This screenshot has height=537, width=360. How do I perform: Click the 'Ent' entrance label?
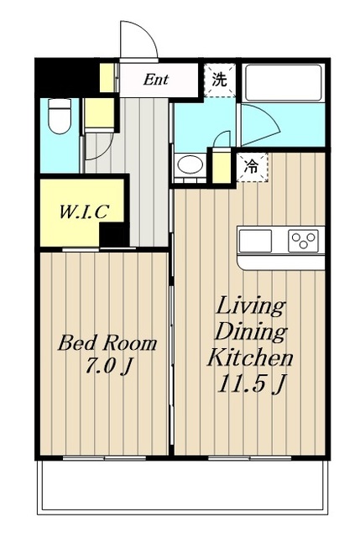click(156, 80)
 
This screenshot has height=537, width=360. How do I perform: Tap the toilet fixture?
click(60, 116)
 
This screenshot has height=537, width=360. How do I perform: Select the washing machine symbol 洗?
click(220, 80)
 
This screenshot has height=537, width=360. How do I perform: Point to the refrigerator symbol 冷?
click(252, 167)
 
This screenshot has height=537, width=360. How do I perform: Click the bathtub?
click(283, 83)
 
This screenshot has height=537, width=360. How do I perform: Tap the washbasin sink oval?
click(190, 164)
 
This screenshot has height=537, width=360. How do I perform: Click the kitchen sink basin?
click(255, 241)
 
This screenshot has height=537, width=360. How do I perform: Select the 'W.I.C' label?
click(84, 211)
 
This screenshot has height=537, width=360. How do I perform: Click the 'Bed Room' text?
click(107, 343)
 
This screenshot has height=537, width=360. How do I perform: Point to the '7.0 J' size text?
click(108, 367)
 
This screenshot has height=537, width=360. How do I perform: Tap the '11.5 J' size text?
click(251, 384)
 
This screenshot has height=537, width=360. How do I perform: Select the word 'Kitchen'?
click(250, 357)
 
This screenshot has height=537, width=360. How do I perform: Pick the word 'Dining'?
click(251, 333)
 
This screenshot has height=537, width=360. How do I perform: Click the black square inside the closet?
click(114, 235)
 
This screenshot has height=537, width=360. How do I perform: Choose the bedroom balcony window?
click(104, 458)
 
